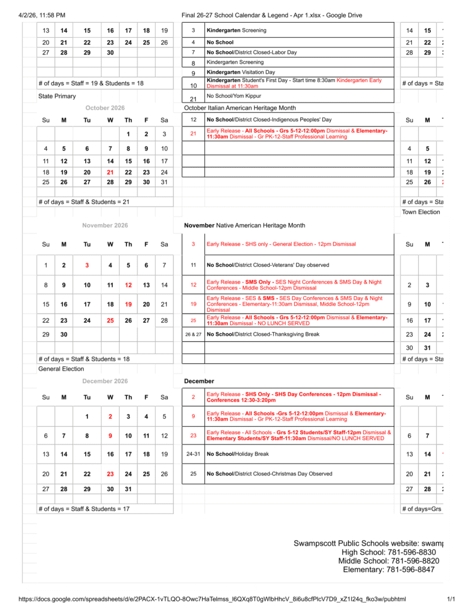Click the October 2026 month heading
pyautogui.click(x=105, y=108)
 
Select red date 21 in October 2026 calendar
pyautogui.click(x=110, y=172)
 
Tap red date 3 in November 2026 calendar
pyautogui.click(x=87, y=265)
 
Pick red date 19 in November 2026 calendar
pyautogui.click(x=128, y=304)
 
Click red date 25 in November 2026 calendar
pyautogui.click(x=110, y=321)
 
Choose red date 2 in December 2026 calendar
pyautogui.click(x=110, y=417)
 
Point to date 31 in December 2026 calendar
pyautogui.click(x=128, y=489)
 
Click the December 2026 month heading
pyautogui.click(x=105, y=381)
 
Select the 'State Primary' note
pyautogui.click(x=57, y=96)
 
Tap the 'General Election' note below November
pyautogui.click(x=61, y=369)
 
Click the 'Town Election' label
pyautogui.click(x=421, y=212)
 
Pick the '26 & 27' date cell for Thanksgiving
pyautogui.click(x=193, y=335)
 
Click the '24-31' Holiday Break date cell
pyautogui.click(x=193, y=454)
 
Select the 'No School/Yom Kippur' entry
pyautogui.click(x=234, y=96)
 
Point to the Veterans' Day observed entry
pyautogui.click(x=267, y=265)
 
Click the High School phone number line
pyautogui.click(x=388, y=552)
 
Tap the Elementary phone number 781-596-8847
pyautogui.click(x=388, y=570)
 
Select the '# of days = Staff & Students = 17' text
pyautogui.click(x=84, y=509)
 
